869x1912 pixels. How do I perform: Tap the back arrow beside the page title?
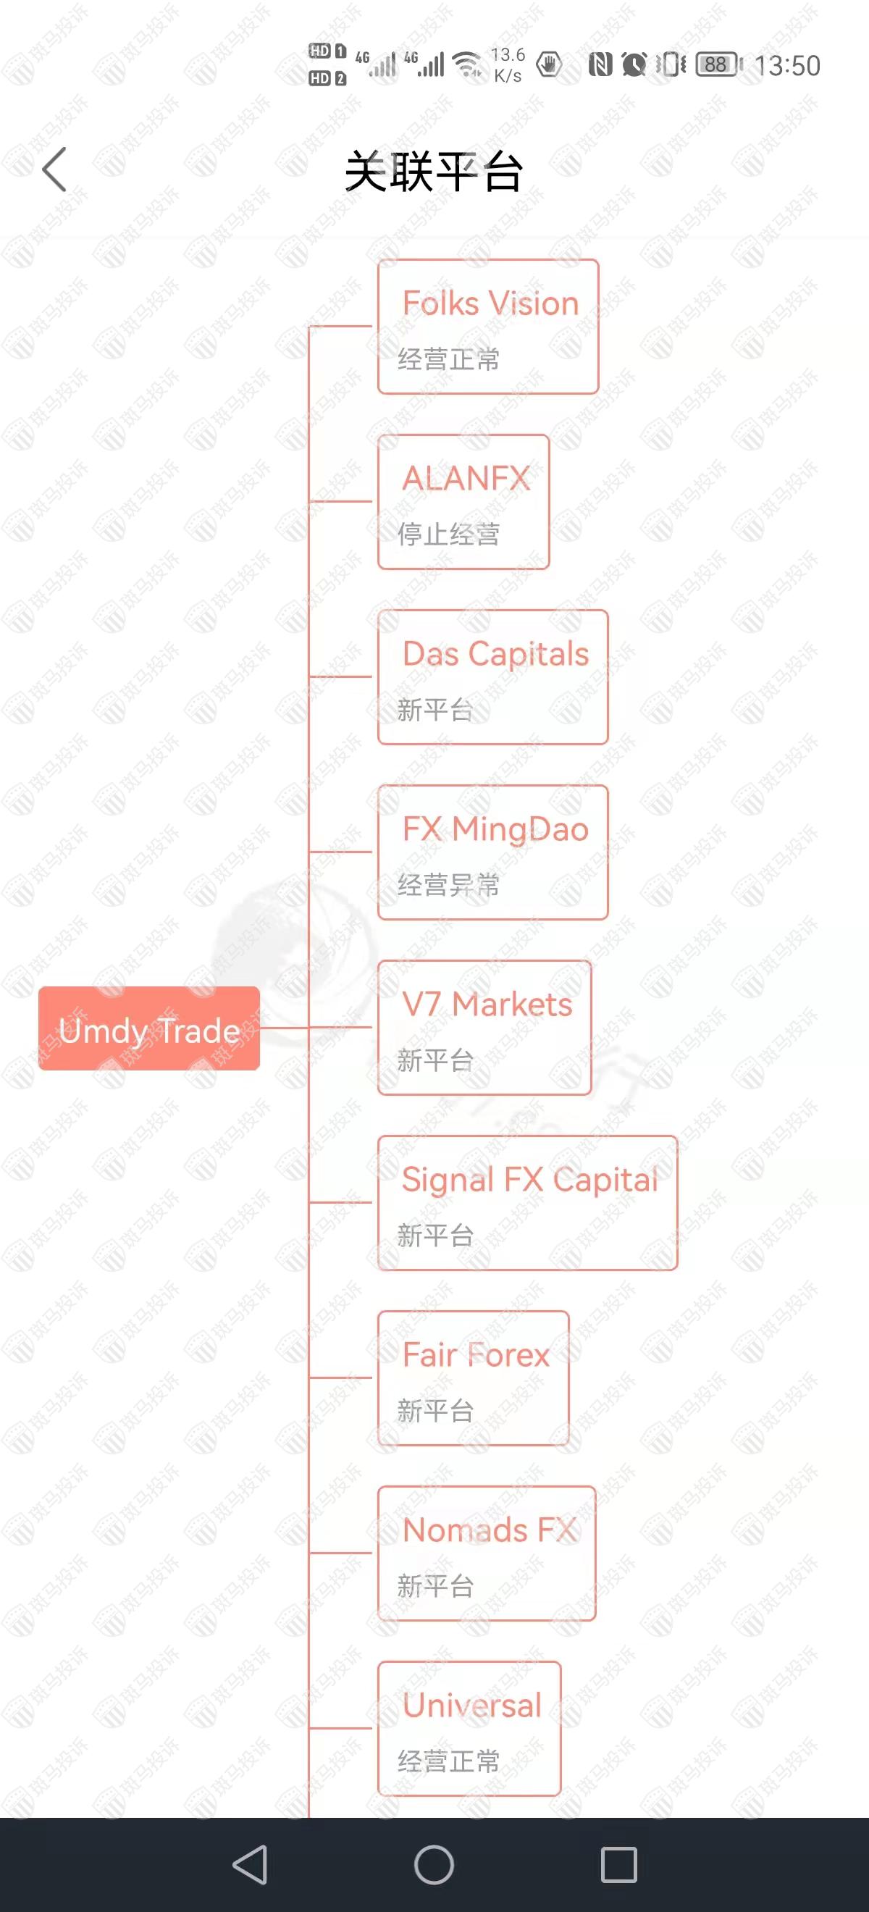pos(54,169)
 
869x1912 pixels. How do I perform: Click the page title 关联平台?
pos(434,171)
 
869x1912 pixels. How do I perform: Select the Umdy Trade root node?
pos(149,1028)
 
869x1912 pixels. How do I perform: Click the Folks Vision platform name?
pos(490,303)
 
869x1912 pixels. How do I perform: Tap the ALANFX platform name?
pos(466,479)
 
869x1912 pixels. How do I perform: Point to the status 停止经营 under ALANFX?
pos(448,534)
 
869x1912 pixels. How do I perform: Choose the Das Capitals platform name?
pos(495,654)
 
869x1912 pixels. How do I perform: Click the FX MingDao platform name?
pos(495,829)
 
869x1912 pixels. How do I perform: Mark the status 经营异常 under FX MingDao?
pos(448,885)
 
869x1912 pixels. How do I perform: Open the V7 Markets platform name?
pos(487,1005)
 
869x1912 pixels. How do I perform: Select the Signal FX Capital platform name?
pos(529,1179)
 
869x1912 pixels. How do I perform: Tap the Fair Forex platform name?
pos(476,1354)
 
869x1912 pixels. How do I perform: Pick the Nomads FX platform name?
pos(489,1530)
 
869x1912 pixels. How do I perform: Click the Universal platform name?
pos(472,1705)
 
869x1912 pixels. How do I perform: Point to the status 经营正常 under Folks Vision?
pos(448,359)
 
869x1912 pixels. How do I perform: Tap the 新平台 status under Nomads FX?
pos(435,1585)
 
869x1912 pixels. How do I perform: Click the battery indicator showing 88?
pos(718,64)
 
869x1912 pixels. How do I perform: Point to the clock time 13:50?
pos(787,65)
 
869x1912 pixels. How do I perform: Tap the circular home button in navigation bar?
pos(434,1863)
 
